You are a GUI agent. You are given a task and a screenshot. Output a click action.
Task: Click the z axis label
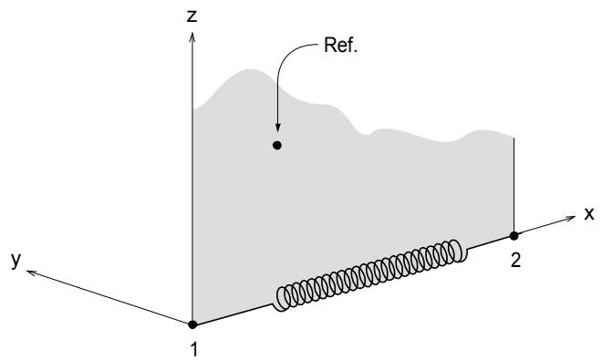pyautogui.click(x=192, y=16)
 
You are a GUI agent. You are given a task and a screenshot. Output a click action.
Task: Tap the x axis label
pyautogui.click(x=589, y=214)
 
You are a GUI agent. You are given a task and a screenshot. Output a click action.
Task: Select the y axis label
pyautogui.click(x=16, y=261)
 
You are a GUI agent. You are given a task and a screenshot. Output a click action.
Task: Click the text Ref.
pyautogui.click(x=340, y=45)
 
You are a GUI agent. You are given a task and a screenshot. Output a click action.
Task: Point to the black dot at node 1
pyautogui.click(x=192, y=324)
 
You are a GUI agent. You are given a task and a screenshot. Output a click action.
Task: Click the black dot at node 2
pyautogui.click(x=514, y=236)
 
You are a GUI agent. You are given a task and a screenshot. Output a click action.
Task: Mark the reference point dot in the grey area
pyautogui.click(x=276, y=146)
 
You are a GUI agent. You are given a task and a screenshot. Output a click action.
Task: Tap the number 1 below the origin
pyautogui.click(x=194, y=350)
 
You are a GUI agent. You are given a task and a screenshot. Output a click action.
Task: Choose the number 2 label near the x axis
pyautogui.click(x=515, y=261)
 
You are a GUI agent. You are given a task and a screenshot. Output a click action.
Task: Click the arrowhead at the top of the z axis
pyautogui.click(x=192, y=36)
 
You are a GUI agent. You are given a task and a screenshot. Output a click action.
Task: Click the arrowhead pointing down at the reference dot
pyautogui.click(x=277, y=129)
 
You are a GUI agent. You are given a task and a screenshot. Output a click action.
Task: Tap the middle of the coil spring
pyautogui.click(x=368, y=275)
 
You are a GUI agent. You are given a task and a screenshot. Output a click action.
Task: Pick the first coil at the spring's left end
pyautogui.click(x=283, y=299)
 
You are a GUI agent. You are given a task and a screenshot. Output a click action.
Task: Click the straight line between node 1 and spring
pyautogui.click(x=234, y=314)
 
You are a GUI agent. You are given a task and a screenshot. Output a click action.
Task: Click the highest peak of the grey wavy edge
pyautogui.click(x=252, y=70)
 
